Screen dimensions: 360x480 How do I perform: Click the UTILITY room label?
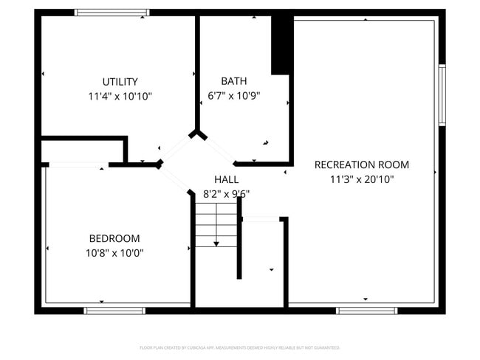pyautogui.click(x=120, y=82)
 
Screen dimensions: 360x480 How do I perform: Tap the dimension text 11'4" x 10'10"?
pyautogui.click(x=120, y=96)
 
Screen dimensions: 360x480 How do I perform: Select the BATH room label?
pyautogui.click(x=233, y=81)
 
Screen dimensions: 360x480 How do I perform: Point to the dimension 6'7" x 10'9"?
pyautogui.click(x=233, y=95)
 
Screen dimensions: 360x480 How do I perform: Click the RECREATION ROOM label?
pyautogui.click(x=361, y=165)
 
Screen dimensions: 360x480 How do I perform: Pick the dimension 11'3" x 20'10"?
pyautogui.click(x=361, y=179)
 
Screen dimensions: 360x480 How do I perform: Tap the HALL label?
pyautogui.click(x=226, y=179)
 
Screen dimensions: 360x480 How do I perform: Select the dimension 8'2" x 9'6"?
pyautogui.click(x=226, y=194)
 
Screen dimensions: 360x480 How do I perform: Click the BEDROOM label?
pyautogui.click(x=114, y=238)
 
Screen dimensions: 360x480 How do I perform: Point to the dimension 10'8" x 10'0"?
pyautogui.click(x=114, y=252)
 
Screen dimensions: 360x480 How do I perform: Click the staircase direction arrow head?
pyautogui.click(x=216, y=243)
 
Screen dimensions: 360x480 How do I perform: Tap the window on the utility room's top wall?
pyautogui.click(x=112, y=13)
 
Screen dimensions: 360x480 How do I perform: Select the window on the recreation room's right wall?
pyautogui.click(x=442, y=94)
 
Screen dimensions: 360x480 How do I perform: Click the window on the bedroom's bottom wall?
pyautogui.click(x=114, y=310)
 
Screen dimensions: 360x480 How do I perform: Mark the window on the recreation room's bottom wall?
pyautogui.click(x=366, y=310)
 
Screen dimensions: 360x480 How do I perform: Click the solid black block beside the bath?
pyautogui.click(x=281, y=45)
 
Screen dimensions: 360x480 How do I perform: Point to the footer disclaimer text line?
pyautogui.click(x=239, y=347)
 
